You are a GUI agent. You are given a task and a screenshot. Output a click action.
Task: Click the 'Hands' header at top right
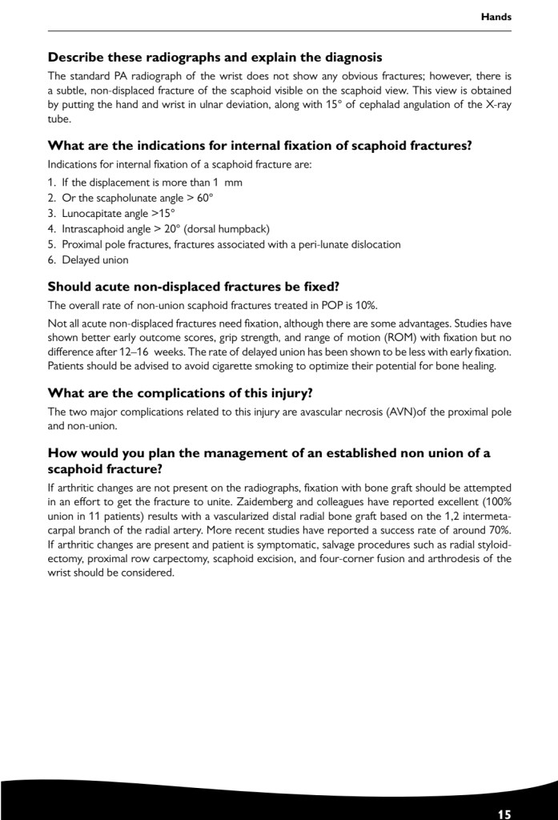(x=496, y=16)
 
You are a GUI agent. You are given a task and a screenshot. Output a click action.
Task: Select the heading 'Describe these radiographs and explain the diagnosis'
(x=215, y=57)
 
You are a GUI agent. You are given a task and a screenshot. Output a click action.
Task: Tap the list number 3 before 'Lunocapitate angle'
(x=52, y=213)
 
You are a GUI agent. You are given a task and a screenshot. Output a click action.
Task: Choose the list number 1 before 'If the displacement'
(x=52, y=183)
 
